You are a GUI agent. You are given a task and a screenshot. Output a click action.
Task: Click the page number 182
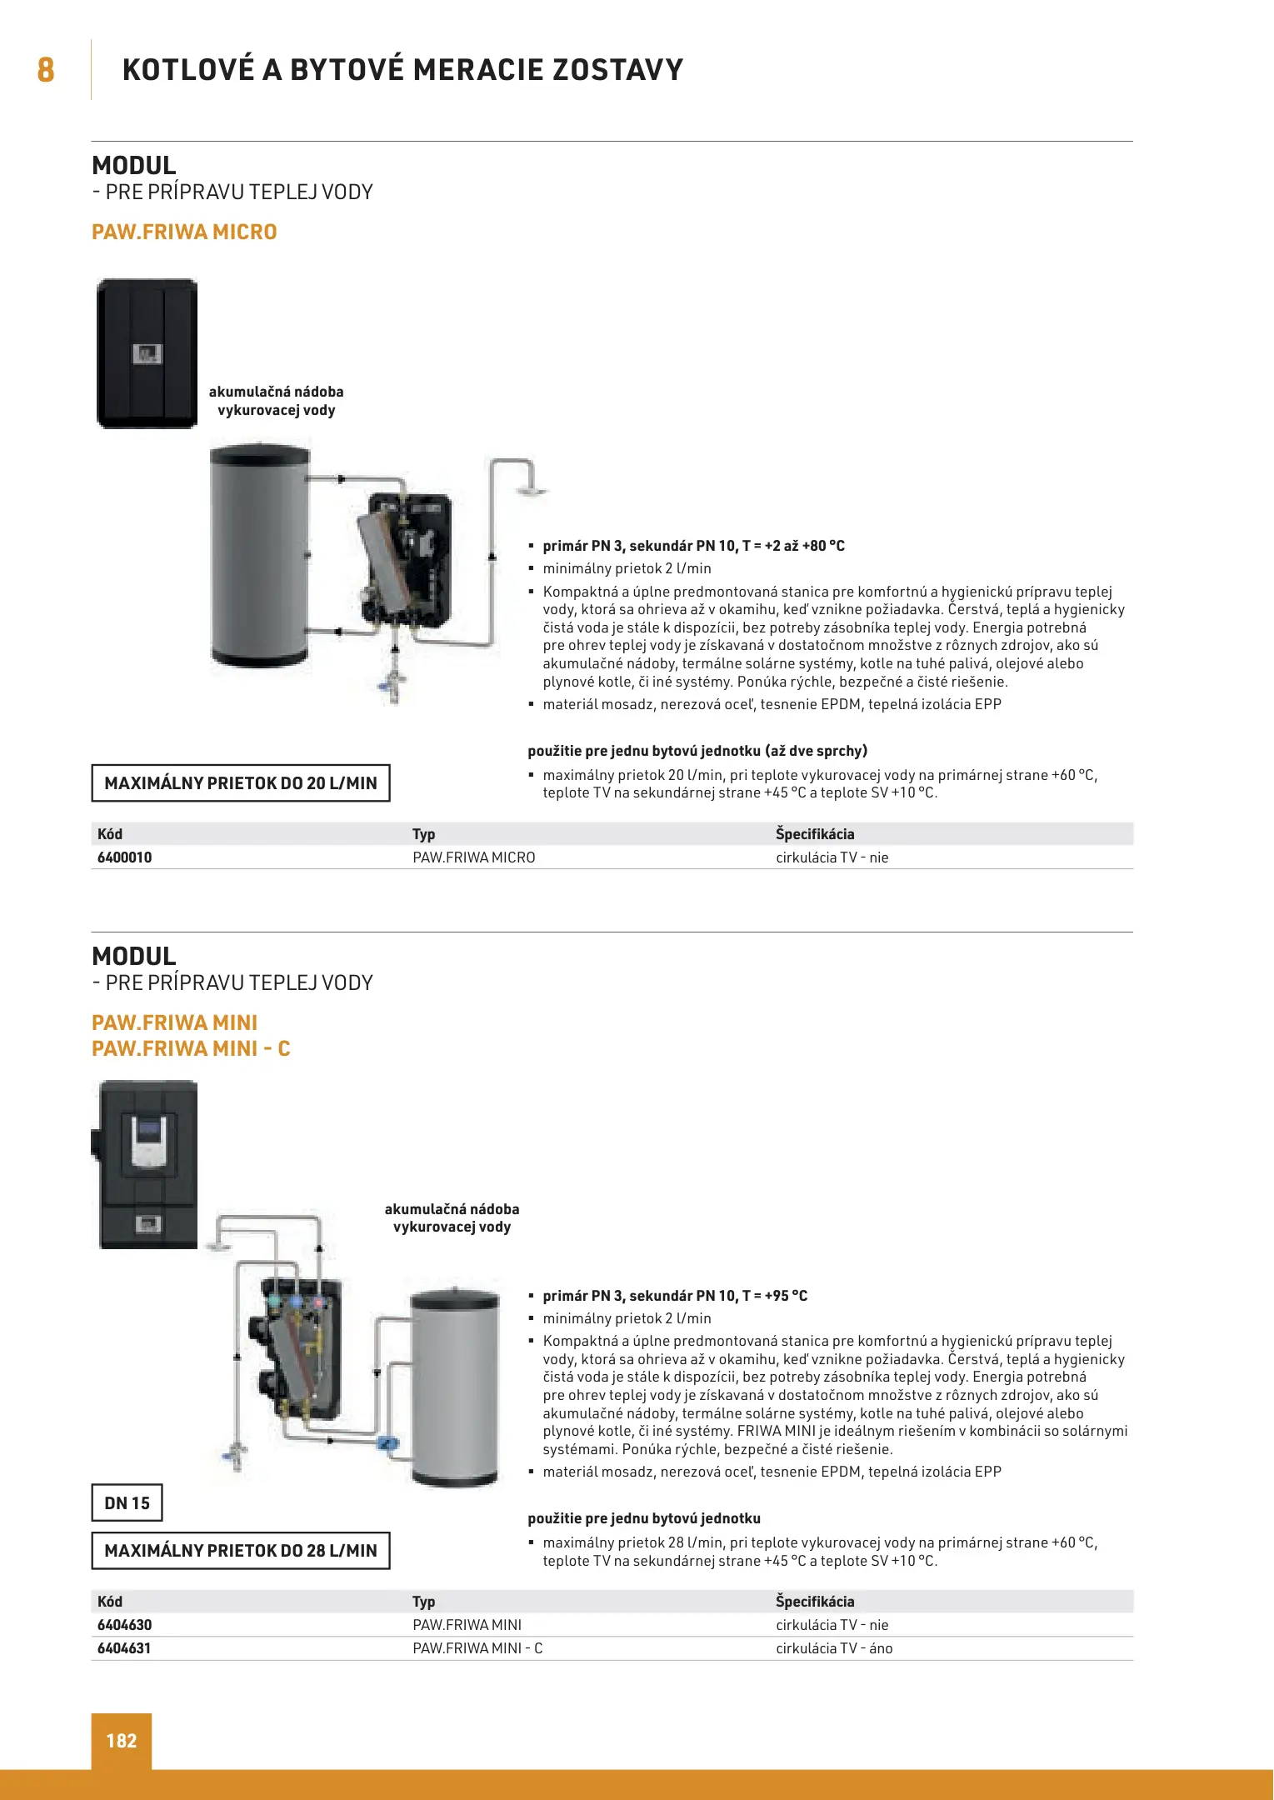coord(122,1740)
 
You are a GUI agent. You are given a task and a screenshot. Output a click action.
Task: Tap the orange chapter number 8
coord(46,70)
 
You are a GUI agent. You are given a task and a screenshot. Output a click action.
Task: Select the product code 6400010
coord(125,857)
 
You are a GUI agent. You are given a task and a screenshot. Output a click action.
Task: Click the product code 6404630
coord(125,1625)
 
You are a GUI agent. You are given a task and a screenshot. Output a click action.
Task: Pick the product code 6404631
coord(124,1648)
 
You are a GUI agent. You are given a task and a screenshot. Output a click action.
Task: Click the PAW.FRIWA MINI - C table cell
coord(477,1648)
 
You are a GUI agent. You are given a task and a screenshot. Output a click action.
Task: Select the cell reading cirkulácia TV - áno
coord(834,1648)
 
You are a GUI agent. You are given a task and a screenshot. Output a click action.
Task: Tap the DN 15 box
coord(127,1503)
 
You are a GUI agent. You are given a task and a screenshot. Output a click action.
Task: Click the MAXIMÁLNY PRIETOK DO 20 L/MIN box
coord(241,783)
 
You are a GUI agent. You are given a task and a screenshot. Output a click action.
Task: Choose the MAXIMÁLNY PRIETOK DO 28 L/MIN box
coord(241,1551)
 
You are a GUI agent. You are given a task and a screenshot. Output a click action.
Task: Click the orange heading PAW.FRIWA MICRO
coord(184,232)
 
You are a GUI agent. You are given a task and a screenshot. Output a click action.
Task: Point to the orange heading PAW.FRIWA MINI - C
coord(191,1048)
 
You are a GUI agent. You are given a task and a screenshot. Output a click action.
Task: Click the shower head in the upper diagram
coord(530,490)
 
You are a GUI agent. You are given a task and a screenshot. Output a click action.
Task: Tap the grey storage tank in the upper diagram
coord(260,557)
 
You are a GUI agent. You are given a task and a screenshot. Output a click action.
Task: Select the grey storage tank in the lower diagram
coord(456,1387)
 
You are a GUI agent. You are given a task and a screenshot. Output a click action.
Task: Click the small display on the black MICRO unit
coord(147,355)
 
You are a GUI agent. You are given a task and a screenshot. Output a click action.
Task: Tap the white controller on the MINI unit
coord(150,1139)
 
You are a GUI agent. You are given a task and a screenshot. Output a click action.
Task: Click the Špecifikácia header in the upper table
coord(815,834)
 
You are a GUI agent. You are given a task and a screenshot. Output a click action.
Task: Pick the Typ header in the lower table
coord(423,1602)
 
